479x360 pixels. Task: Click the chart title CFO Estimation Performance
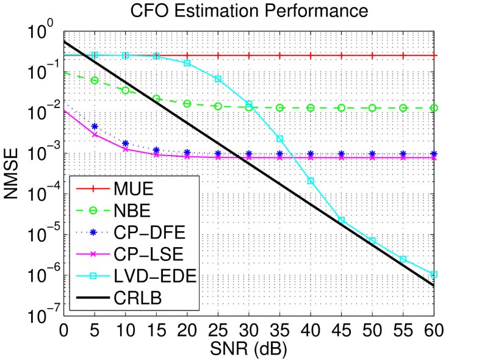click(251, 11)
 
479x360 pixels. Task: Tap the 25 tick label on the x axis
click(218, 333)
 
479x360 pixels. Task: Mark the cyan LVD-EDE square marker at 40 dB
click(311, 181)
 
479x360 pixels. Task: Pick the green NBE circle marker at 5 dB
click(95, 80)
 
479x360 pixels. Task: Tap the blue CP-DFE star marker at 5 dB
click(95, 126)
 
